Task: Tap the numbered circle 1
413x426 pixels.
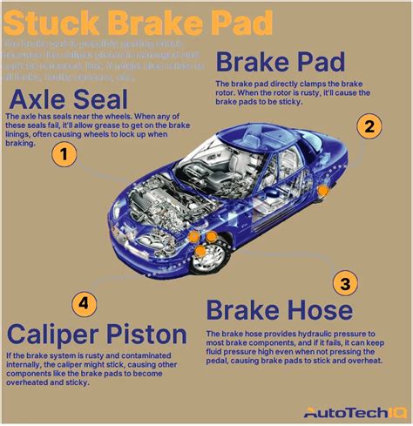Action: [63, 156]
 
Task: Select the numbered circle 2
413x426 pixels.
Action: [370, 126]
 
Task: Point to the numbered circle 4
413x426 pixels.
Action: [83, 303]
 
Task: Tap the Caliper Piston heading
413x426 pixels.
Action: [96, 335]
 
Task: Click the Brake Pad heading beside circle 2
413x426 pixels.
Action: [281, 63]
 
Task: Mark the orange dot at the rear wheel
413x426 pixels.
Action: [323, 190]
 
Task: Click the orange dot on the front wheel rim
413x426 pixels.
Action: [201, 253]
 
